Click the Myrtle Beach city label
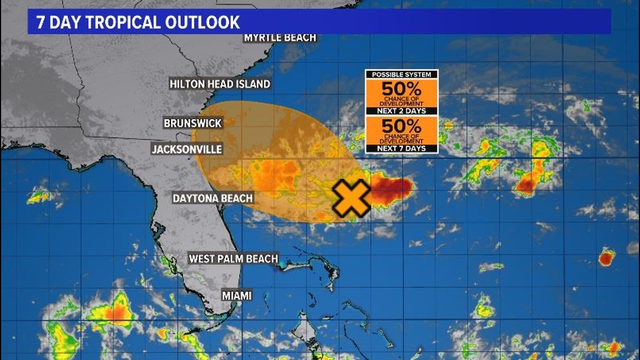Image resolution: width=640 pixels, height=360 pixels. coord(280,38)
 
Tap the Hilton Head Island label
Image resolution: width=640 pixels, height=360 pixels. coord(220,84)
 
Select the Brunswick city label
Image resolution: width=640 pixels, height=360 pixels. coord(193,123)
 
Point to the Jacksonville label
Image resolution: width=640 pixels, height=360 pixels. coord(187,149)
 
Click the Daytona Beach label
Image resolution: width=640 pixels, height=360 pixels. coord(212,198)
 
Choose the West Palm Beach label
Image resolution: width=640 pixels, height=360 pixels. coord(233,259)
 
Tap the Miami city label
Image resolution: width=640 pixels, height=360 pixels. coord(236,295)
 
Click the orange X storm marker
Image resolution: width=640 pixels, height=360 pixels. coord(351,198)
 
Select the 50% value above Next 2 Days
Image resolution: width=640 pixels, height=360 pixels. coord(401,89)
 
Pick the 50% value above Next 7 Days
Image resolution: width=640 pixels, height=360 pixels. coord(401,126)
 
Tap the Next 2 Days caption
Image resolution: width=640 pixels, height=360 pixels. coord(401,111)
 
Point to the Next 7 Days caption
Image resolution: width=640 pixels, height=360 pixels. coord(401,148)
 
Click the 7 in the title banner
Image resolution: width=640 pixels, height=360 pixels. coord(40,22)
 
